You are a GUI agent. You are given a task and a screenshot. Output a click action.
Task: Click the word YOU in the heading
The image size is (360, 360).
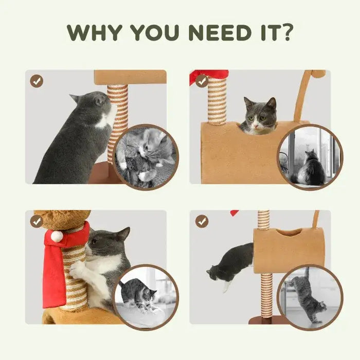click(154, 32)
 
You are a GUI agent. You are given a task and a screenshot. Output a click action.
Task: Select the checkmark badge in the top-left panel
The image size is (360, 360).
click(37, 81)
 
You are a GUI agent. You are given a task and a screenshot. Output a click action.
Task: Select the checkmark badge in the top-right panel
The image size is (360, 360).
click(202, 81)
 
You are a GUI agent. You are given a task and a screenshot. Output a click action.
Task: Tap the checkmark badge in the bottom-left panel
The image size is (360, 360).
click(37, 222)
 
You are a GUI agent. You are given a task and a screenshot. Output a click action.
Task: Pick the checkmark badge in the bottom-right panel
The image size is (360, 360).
click(202, 222)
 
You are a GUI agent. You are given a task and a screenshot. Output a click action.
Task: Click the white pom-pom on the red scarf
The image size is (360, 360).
click(56, 236)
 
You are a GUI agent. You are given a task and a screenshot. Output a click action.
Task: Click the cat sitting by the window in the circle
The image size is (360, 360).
click(310, 168)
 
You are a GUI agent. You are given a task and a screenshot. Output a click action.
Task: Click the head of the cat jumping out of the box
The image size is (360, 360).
click(212, 273)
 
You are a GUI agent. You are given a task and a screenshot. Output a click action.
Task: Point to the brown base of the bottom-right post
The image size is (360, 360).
click(266, 319)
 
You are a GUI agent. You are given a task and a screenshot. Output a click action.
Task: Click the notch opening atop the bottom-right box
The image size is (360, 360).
click(289, 232)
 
